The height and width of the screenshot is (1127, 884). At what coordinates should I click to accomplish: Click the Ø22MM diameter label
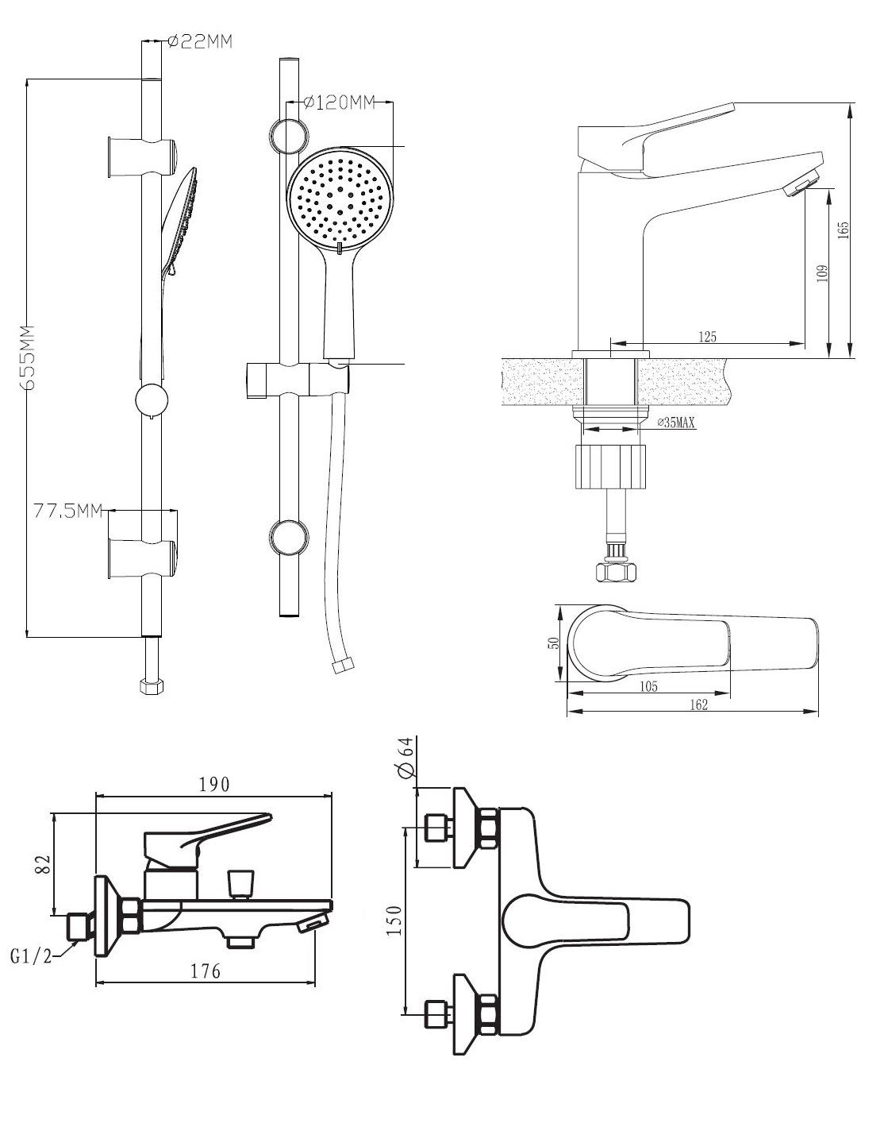(x=201, y=43)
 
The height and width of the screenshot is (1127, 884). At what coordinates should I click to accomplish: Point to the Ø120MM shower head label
(x=340, y=102)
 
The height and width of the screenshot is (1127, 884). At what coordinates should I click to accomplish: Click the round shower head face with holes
(x=340, y=196)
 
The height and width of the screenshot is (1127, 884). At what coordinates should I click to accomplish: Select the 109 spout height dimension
(x=822, y=272)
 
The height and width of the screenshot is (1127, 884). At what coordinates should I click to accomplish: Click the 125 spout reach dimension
(x=707, y=337)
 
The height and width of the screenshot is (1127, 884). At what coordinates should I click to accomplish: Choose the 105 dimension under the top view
(x=648, y=687)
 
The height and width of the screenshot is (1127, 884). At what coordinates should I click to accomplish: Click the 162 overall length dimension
(x=698, y=704)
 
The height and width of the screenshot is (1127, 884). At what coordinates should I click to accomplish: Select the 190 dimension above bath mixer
(x=214, y=785)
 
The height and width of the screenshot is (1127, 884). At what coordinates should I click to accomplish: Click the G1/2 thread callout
(x=31, y=957)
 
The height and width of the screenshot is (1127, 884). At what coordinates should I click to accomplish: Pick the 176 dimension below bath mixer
(x=206, y=971)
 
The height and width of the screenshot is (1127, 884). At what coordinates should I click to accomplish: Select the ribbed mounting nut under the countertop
(x=610, y=466)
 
